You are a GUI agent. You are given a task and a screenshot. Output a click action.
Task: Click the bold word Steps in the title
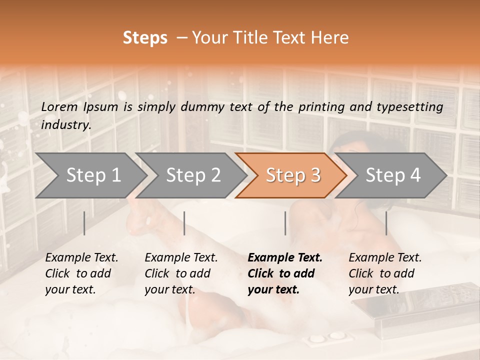click(145, 38)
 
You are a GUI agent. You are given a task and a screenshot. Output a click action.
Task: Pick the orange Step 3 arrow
click(291, 175)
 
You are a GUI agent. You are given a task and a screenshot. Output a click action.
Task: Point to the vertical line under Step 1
click(84, 223)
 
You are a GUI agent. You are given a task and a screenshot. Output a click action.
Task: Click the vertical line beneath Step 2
click(184, 223)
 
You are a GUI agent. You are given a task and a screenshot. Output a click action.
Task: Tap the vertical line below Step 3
click(285, 223)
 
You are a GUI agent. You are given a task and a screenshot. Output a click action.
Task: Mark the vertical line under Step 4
click(386, 223)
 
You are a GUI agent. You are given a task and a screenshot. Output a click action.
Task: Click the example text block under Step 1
click(81, 273)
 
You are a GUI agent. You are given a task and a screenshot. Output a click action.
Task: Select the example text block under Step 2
click(181, 273)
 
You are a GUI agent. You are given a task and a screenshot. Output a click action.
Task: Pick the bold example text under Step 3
click(285, 273)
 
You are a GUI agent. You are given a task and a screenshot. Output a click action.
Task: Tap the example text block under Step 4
click(385, 273)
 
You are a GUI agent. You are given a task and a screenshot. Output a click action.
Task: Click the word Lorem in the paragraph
click(59, 107)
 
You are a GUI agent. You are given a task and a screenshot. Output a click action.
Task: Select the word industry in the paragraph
click(65, 125)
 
